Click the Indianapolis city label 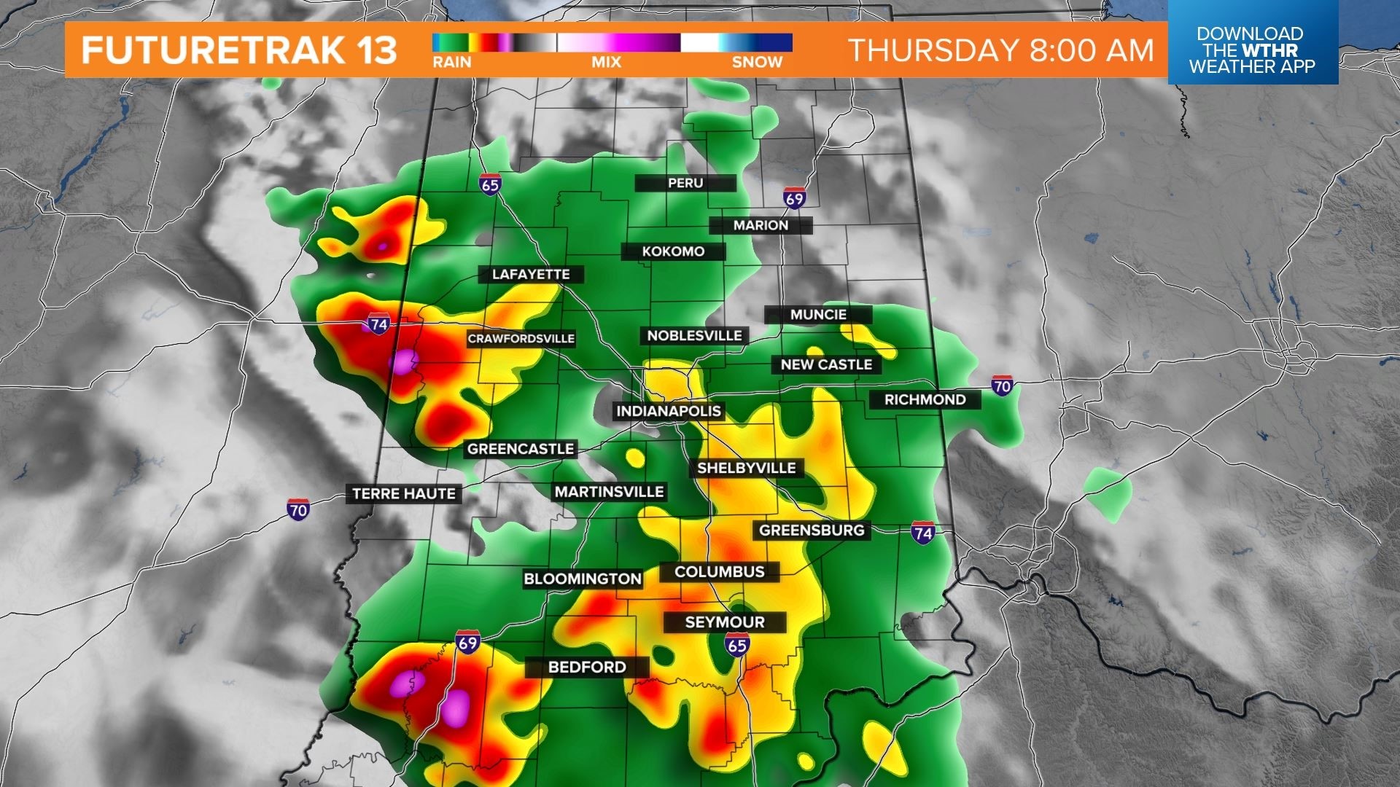[x=668, y=411]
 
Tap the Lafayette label [x=531, y=274]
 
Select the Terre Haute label [x=404, y=493]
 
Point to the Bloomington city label [x=583, y=579]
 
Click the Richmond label [x=925, y=399]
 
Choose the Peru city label [x=685, y=183]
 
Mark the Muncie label [x=818, y=314]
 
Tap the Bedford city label [x=587, y=667]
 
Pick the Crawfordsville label [x=521, y=338]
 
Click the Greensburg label [x=812, y=530]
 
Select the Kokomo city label [x=673, y=251]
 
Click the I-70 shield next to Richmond [x=1002, y=385]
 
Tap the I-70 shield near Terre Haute [x=298, y=509]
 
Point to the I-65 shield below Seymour [x=737, y=644]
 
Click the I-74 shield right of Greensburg [x=922, y=532]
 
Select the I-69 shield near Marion [x=794, y=198]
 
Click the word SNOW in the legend [x=757, y=63]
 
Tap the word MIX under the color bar [x=606, y=63]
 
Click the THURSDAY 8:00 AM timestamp [x=1001, y=50]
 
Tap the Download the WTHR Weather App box [x=1252, y=50]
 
